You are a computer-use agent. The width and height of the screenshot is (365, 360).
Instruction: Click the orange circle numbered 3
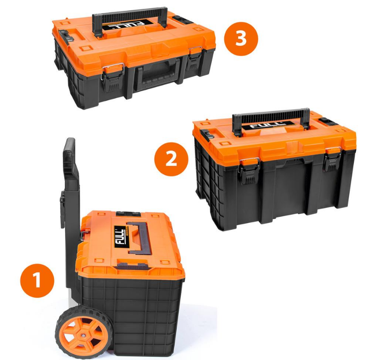[241, 39]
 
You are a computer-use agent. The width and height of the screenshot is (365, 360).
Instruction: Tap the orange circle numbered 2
[171, 159]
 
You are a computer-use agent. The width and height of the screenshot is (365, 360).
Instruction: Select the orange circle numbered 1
[37, 280]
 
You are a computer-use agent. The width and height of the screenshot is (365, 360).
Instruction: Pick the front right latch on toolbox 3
[195, 58]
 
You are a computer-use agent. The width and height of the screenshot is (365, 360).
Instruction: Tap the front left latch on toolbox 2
[249, 170]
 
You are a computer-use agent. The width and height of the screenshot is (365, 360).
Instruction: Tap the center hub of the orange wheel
[83, 335]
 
